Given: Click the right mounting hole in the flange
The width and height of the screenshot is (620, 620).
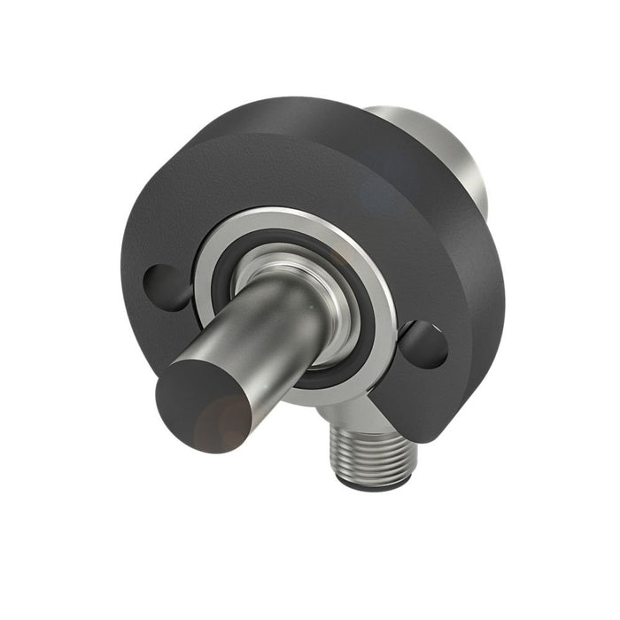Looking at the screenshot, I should (423, 344).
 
